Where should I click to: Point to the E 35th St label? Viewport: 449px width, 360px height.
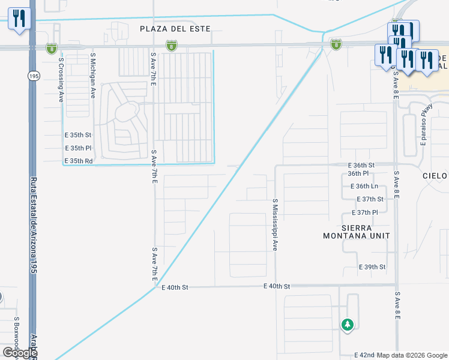click(x=78, y=135)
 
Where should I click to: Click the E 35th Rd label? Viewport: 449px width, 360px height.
click(x=79, y=161)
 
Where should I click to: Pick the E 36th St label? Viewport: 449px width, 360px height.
click(x=361, y=165)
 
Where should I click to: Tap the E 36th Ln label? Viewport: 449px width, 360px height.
click(x=363, y=187)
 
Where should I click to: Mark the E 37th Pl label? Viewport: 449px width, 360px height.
click(x=366, y=213)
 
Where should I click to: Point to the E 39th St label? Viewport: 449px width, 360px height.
click(x=372, y=266)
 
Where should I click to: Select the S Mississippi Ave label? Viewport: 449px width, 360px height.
click(x=275, y=225)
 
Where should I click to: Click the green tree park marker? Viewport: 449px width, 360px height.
click(x=347, y=325)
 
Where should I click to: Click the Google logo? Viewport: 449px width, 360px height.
click(x=20, y=353)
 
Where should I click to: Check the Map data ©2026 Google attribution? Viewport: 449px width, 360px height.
click(x=412, y=355)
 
